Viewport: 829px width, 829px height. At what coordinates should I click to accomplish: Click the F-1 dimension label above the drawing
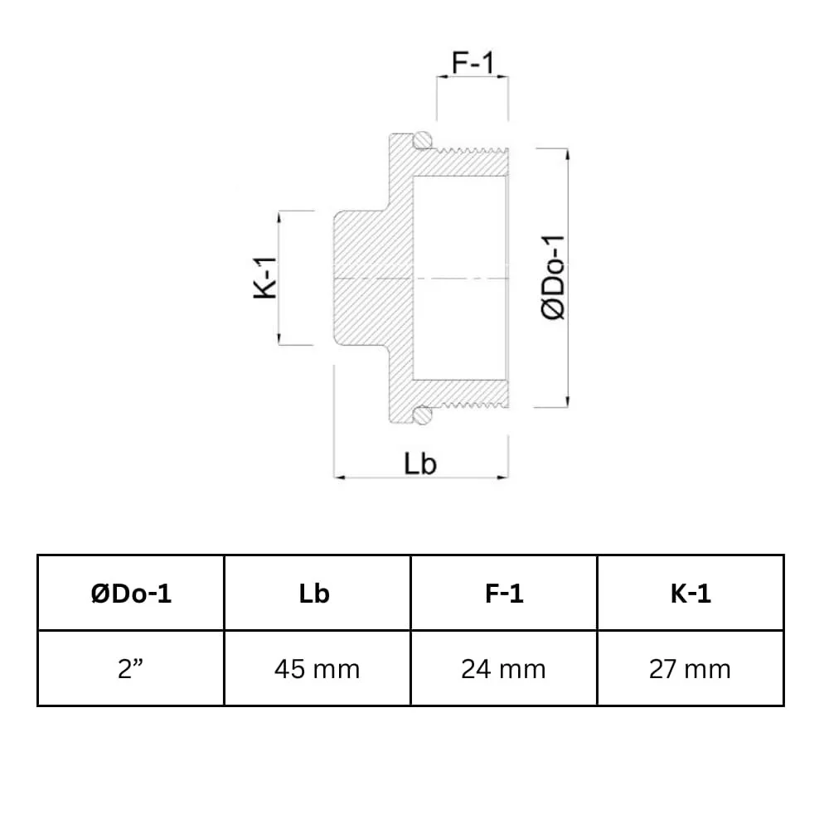[473, 62]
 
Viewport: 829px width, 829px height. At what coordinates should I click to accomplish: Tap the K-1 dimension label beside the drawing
[264, 278]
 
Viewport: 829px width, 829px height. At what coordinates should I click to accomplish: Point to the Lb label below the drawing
[420, 463]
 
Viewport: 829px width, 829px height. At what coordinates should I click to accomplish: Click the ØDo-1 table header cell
[131, 594]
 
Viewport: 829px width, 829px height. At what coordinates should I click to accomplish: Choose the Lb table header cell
[317, 594]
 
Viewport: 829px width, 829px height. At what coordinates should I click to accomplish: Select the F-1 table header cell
[503, 594]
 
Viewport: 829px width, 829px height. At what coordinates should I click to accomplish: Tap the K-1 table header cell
[690, 594]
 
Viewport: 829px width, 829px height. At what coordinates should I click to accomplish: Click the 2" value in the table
[131, 669]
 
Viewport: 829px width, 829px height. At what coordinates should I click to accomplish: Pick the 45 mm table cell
[317, 669]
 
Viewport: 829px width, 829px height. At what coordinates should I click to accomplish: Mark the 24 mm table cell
[503, 669]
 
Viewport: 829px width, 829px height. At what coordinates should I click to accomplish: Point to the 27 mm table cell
[690, 669]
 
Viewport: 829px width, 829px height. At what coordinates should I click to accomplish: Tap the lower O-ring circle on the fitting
[424, 414]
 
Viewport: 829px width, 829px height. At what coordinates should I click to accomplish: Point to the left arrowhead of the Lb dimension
[337, 478]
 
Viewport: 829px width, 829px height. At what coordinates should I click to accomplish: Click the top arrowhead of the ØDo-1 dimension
[568, 152]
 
